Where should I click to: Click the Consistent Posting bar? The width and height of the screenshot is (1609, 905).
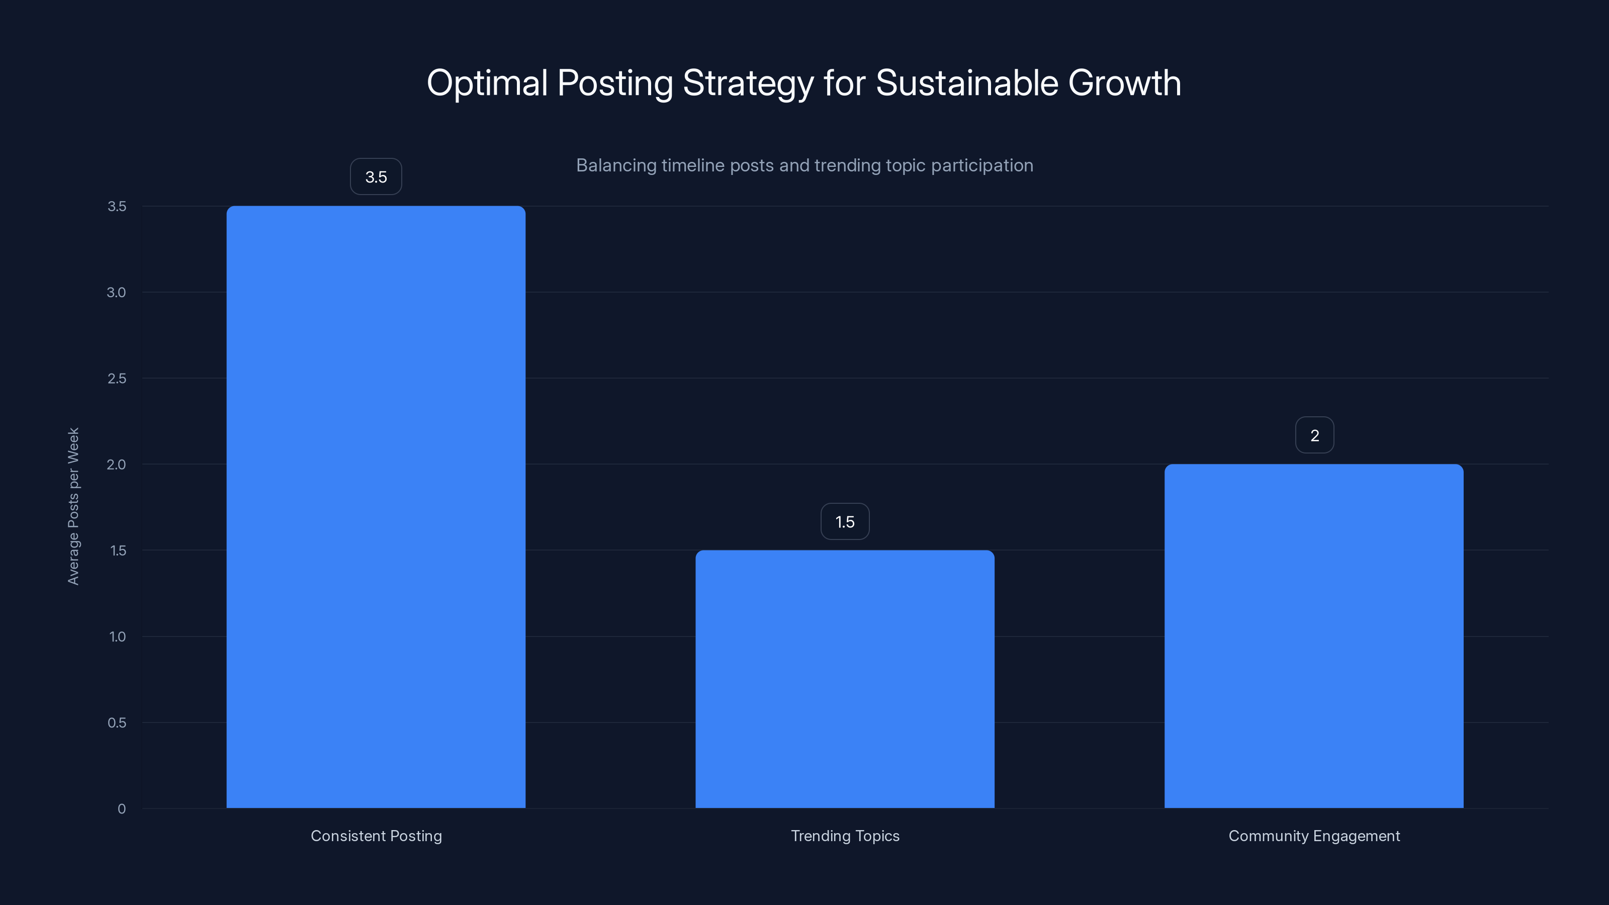pos(376,506)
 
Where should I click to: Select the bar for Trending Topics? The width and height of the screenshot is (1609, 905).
pos(845,679)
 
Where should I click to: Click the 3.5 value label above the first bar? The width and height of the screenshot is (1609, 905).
pos(376,177)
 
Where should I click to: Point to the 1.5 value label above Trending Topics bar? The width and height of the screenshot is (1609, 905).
pos(845,521)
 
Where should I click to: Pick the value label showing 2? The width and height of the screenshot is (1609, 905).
pos(1314,435)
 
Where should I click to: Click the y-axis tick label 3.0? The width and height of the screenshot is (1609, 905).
pos(116,292)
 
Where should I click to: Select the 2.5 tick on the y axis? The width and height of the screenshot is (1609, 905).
pos(117,379)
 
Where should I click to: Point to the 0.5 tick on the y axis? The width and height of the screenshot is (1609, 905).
pos(117,722)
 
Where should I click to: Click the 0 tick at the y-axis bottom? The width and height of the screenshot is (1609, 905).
pos(122,809)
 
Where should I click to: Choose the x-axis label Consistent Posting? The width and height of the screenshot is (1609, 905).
pos(376,836)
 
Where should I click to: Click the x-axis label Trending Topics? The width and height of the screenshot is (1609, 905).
pos(845,836)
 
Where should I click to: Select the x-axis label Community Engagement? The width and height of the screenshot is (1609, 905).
pos(1314,836)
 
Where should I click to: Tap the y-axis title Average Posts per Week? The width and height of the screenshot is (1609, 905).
pos(74,506)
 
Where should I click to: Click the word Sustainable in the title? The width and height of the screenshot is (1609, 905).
pos(966,83)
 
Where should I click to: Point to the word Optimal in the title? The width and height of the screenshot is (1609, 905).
pos(487,83)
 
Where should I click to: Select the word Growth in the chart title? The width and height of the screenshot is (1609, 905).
pos(1124,83)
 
